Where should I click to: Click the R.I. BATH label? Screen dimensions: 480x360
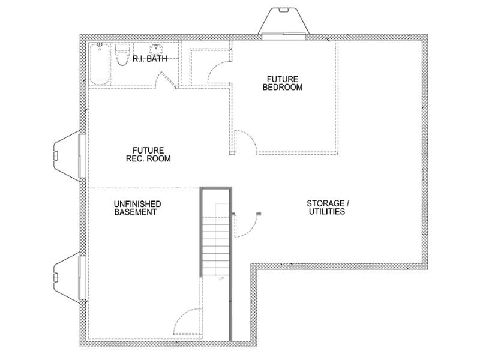point(149,58)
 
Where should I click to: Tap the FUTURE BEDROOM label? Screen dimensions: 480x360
point(283,83)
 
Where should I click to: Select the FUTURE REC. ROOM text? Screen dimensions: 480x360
point(148,154)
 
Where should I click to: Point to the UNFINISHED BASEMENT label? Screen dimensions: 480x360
point(137,208)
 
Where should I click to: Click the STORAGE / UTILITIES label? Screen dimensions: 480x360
point(328,207)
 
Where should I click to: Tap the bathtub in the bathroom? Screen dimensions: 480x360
point(99,64)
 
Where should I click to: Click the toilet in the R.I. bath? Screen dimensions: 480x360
point(123,55)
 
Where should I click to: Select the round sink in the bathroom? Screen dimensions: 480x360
point(156,49)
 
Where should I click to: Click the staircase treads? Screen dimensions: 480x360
point(216,245)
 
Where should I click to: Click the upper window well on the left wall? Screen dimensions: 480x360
point(67,155)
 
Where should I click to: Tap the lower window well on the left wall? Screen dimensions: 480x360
point(67,278)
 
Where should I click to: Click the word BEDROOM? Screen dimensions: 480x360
point(283,87)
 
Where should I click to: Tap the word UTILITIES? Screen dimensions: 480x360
point(327,211)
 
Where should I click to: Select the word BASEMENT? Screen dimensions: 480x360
point(136,212)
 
